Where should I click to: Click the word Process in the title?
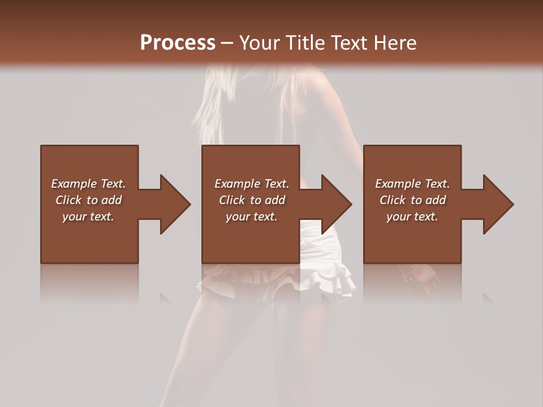point(178,43)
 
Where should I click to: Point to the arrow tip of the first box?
point(189,204)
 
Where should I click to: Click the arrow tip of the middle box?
point(350,204)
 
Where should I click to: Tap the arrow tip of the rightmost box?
point(512,204)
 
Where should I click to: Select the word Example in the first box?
point(74,184)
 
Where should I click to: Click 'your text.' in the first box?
point(88,217)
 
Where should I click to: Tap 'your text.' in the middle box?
point(251,217)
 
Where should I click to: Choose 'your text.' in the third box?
point(412,217)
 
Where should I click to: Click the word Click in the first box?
point(69,200)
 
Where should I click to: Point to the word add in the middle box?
point(275,200)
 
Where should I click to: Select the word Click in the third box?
point(393,200)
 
